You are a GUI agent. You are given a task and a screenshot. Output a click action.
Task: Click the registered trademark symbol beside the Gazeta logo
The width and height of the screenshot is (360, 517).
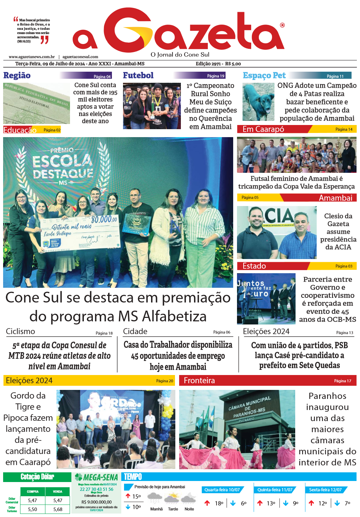point(282,25)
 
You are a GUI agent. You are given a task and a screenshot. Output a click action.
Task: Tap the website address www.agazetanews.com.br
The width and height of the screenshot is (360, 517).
point(32,57)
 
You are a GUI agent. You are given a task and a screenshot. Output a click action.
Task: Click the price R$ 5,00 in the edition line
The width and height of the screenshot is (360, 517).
point(233,64)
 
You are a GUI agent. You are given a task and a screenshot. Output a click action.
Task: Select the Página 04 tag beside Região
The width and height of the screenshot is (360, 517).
point(102,77)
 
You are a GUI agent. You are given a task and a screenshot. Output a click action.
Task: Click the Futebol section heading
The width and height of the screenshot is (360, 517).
point(138,75)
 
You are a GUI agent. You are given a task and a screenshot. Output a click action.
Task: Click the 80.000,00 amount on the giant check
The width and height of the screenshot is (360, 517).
point(104,219)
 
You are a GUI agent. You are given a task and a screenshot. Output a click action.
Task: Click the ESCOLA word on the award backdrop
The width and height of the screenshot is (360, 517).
point(62,161)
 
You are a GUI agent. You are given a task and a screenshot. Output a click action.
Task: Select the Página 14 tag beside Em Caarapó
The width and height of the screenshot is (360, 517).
point(344,129)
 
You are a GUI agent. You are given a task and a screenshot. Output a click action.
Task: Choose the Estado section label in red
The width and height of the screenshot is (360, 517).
point(254,266)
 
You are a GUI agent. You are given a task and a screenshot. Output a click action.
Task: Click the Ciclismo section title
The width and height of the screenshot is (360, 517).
point(20,331)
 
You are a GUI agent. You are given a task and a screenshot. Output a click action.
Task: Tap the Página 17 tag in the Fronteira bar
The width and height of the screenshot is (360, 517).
point(342,381)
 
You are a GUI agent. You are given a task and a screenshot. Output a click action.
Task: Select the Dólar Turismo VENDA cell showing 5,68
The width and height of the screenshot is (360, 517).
point(58,509)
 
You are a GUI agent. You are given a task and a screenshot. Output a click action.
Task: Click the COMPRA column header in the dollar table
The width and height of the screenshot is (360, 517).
point(33,491)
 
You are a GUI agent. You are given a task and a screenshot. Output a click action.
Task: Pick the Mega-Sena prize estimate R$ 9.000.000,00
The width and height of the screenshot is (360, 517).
point(96,502)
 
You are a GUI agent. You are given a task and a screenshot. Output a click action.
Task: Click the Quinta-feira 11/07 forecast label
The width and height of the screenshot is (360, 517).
point(275,490)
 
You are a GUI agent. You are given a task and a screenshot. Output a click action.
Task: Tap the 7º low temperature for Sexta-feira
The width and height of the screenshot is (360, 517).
point(347,503)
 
